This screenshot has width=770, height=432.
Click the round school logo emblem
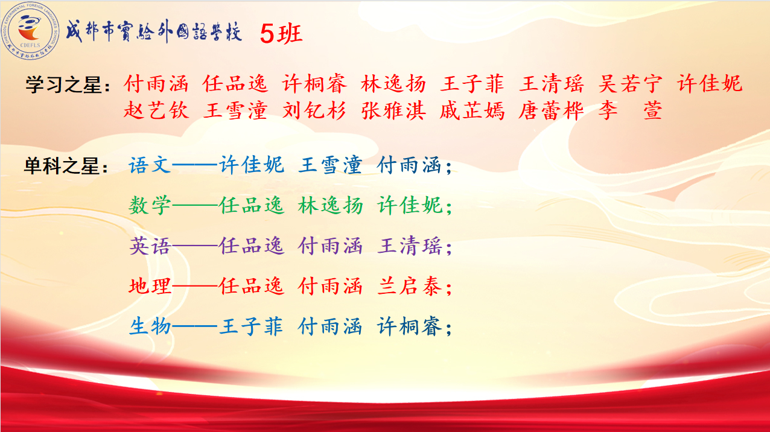[30, 31]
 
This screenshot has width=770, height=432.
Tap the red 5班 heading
[281, 34]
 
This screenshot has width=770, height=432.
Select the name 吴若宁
[630, 83]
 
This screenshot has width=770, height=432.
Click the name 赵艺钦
[156, 110]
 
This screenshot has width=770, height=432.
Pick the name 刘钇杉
[314, 110]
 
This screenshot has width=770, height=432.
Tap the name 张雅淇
[393, 110]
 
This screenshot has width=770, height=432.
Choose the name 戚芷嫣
[472, 110]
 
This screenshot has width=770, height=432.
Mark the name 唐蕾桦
[551, 110]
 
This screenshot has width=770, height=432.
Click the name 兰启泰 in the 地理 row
[409, 286]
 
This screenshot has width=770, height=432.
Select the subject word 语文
[150, 165]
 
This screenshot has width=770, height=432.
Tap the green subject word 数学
[150, 206]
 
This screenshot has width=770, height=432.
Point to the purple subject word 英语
[150, 246]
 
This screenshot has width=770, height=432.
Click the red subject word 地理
[150, 286]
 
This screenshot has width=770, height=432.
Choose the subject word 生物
[150, 326]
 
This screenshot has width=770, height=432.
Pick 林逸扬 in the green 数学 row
[330, 206]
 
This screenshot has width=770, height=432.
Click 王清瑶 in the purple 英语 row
[409, 246]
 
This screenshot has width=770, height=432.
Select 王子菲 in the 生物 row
[251, 326]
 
